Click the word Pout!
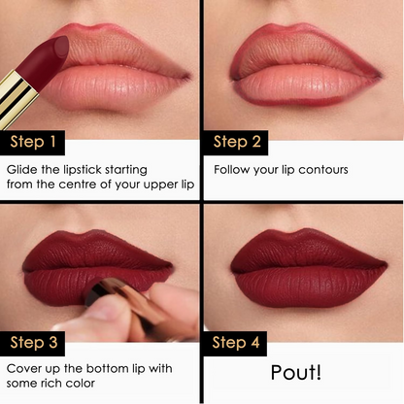(x=297, y=373)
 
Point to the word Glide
(x=23, y=169)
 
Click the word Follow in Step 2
(x=234, y=169)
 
